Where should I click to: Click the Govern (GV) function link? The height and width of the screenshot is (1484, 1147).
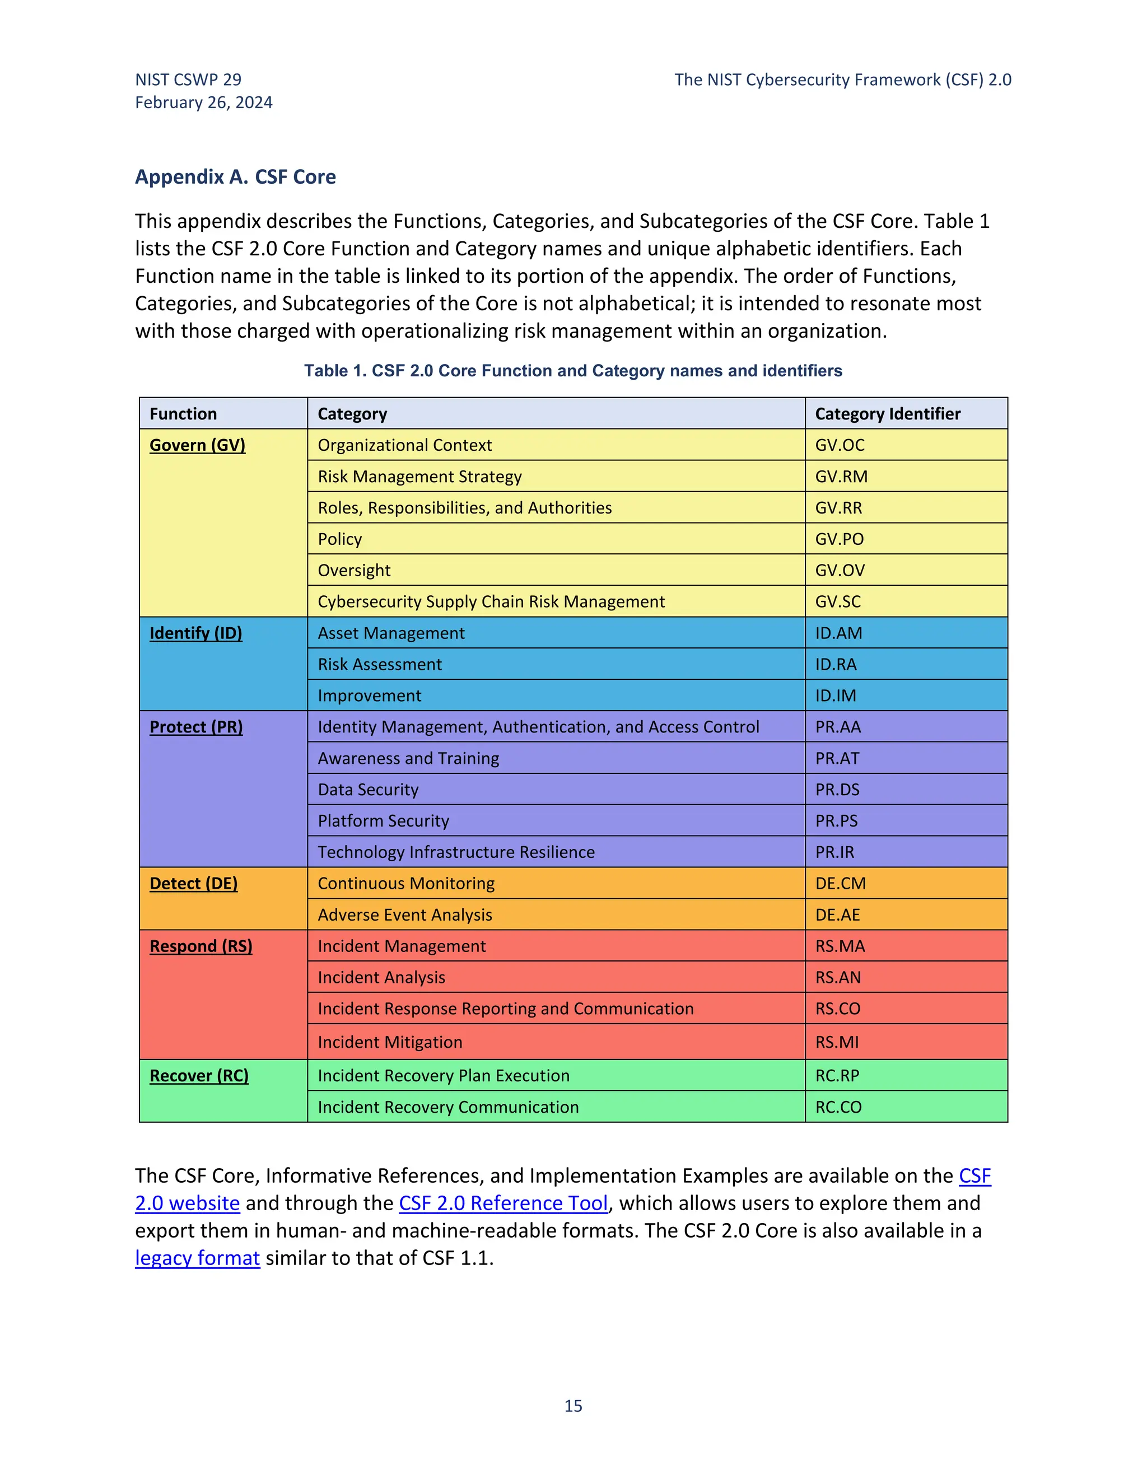pos(197,445)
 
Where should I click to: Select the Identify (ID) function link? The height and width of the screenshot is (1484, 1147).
pos(195,633)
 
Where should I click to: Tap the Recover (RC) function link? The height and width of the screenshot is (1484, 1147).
pos(198,1076)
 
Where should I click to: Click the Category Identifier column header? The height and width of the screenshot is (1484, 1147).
pos(888,414)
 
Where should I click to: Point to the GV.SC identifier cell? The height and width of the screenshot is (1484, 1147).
pos(838,601)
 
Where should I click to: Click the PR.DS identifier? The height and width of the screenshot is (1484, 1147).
pos(837,790)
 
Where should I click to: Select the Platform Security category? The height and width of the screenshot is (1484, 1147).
pos(383,821)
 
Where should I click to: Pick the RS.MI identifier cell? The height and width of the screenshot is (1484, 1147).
pos(837,1042)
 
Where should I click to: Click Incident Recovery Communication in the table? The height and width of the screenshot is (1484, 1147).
pos(448,1107)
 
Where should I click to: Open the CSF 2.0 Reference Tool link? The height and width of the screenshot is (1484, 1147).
pos(503,1203)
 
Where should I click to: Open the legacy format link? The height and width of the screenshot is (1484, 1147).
pos(197,1258)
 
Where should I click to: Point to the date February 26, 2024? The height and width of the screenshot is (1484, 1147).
pos(203,102)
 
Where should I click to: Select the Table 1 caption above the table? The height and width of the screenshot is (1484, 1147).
pos(573,370)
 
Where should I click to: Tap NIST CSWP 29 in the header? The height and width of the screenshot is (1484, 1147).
pos(188,80)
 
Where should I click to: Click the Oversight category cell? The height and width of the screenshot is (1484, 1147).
pos(354,570)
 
